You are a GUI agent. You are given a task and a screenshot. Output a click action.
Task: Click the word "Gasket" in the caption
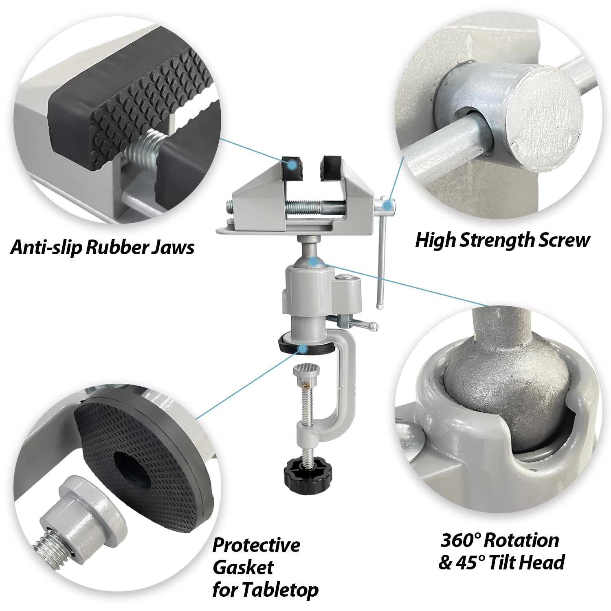(243, 567)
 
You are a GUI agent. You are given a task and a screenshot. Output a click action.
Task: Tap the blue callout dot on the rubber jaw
(292, 165)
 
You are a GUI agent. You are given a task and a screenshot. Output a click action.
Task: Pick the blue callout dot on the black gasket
(303, 348)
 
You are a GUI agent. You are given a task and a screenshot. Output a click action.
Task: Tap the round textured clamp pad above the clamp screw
(306, 369)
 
